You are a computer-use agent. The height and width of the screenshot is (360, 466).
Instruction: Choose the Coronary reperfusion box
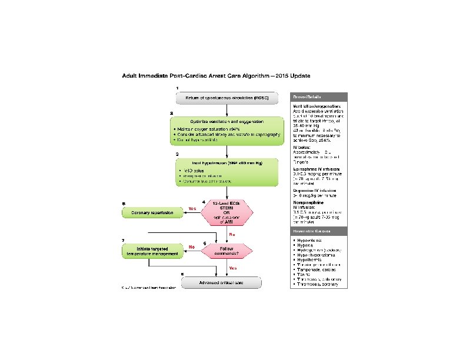tap(152, 212)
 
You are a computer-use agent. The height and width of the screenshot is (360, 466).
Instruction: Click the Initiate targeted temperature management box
tap(152, 251)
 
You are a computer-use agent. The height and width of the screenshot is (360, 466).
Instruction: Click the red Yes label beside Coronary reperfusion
tap(192, 209)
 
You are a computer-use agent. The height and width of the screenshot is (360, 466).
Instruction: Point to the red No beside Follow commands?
tap(191, 247)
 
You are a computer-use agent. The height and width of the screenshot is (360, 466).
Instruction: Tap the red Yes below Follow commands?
tap(233, 268)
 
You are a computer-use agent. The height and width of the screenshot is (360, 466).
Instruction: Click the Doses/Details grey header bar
tap(319, 97)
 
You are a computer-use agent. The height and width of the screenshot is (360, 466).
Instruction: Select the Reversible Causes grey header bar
tap(319, 233)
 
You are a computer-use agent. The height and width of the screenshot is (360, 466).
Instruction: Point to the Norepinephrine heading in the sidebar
tap(313, 202)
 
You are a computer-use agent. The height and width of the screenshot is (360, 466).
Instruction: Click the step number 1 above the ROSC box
tap(177, 88)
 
